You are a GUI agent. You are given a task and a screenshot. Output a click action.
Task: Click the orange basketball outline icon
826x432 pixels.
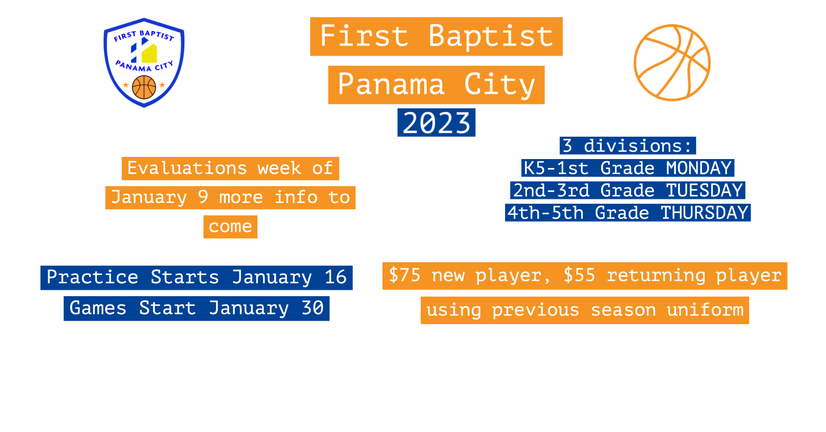coord(672,63)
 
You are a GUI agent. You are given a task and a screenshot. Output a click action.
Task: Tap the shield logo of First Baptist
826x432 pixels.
coord(144,63)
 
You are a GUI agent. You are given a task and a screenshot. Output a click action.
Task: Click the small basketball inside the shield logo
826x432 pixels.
coord(144,87)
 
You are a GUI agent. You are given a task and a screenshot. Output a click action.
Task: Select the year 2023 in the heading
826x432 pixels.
coord(436,123)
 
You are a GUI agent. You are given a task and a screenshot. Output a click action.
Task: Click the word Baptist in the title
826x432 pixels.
coord(490,36)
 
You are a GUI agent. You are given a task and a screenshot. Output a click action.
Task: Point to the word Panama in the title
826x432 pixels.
coord(391,85)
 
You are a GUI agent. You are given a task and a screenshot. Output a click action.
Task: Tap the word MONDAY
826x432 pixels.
coord(699,168)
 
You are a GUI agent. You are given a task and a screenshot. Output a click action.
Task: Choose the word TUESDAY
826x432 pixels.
coord(704,190)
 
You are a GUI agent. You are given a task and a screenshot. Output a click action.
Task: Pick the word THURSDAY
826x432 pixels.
coord(704,213)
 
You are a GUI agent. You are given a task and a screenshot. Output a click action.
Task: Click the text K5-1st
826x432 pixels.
coord(555,168)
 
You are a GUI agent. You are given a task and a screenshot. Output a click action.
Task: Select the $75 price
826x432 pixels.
coord(404,276)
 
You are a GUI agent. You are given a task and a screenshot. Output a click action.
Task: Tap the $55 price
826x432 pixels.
coord(579,276)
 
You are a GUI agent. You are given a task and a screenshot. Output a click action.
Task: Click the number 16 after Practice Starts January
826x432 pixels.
coord(336,278)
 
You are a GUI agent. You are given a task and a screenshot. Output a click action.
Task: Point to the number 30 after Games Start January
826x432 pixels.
coord(312,309)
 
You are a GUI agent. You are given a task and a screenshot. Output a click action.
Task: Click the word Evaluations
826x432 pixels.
coord(187,169)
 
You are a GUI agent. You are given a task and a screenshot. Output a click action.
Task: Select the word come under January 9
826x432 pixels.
coord(230,227)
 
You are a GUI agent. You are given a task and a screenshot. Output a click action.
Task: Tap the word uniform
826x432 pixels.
coord(705,310)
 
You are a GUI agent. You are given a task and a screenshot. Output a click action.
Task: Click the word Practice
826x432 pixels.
coord(92,278)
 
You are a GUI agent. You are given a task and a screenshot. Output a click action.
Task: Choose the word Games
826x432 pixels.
coord(98,309)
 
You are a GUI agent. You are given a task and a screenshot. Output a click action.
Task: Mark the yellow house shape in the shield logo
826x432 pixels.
coord(149,53)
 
